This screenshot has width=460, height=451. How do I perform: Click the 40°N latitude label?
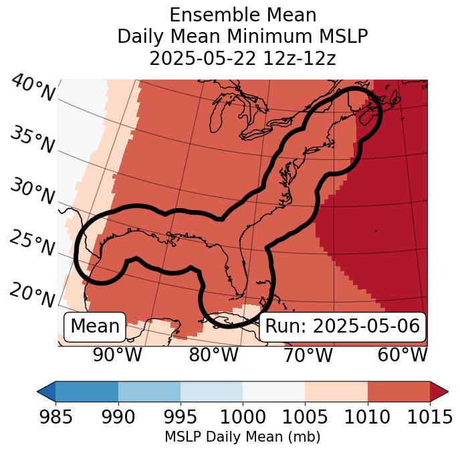coord(33,89)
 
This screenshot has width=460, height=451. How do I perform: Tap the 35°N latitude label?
coord(31,140)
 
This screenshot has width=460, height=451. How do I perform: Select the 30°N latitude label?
coord(31,192)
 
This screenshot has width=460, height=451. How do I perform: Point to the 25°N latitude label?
coord(31,244)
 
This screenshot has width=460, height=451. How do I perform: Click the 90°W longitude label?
coord(117,355)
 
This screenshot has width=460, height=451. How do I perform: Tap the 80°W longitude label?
coord(213,355)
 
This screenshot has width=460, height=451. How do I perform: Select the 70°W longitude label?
coord(307,355)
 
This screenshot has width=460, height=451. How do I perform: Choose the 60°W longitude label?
coord(402,355)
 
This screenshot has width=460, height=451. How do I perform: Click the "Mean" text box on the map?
coord(95,326)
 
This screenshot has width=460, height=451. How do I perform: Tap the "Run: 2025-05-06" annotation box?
coord(342,326)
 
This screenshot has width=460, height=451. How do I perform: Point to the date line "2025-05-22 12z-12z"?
coord(243,58)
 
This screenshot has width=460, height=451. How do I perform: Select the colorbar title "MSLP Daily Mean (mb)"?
coord(243,437)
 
